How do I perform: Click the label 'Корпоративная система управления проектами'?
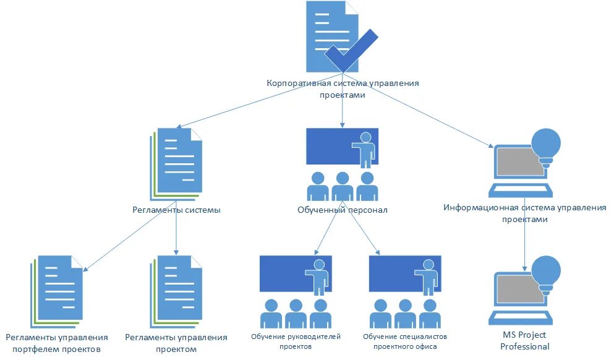pos(342,89)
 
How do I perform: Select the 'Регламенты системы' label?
pos(176,210)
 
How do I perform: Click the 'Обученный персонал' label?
pos(342,210)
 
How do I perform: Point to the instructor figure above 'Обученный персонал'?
pos(365,148)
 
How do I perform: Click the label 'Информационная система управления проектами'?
pos(524,213)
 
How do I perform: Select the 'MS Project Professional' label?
pos(524,340)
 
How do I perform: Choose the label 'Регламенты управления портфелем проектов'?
pos(56,343)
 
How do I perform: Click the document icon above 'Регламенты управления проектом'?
pos(177,289)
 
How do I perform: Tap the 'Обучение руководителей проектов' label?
pos(296,341)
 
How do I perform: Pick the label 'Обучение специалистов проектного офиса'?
pos(405,341)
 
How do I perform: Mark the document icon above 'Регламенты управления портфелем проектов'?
pos(59,288)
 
